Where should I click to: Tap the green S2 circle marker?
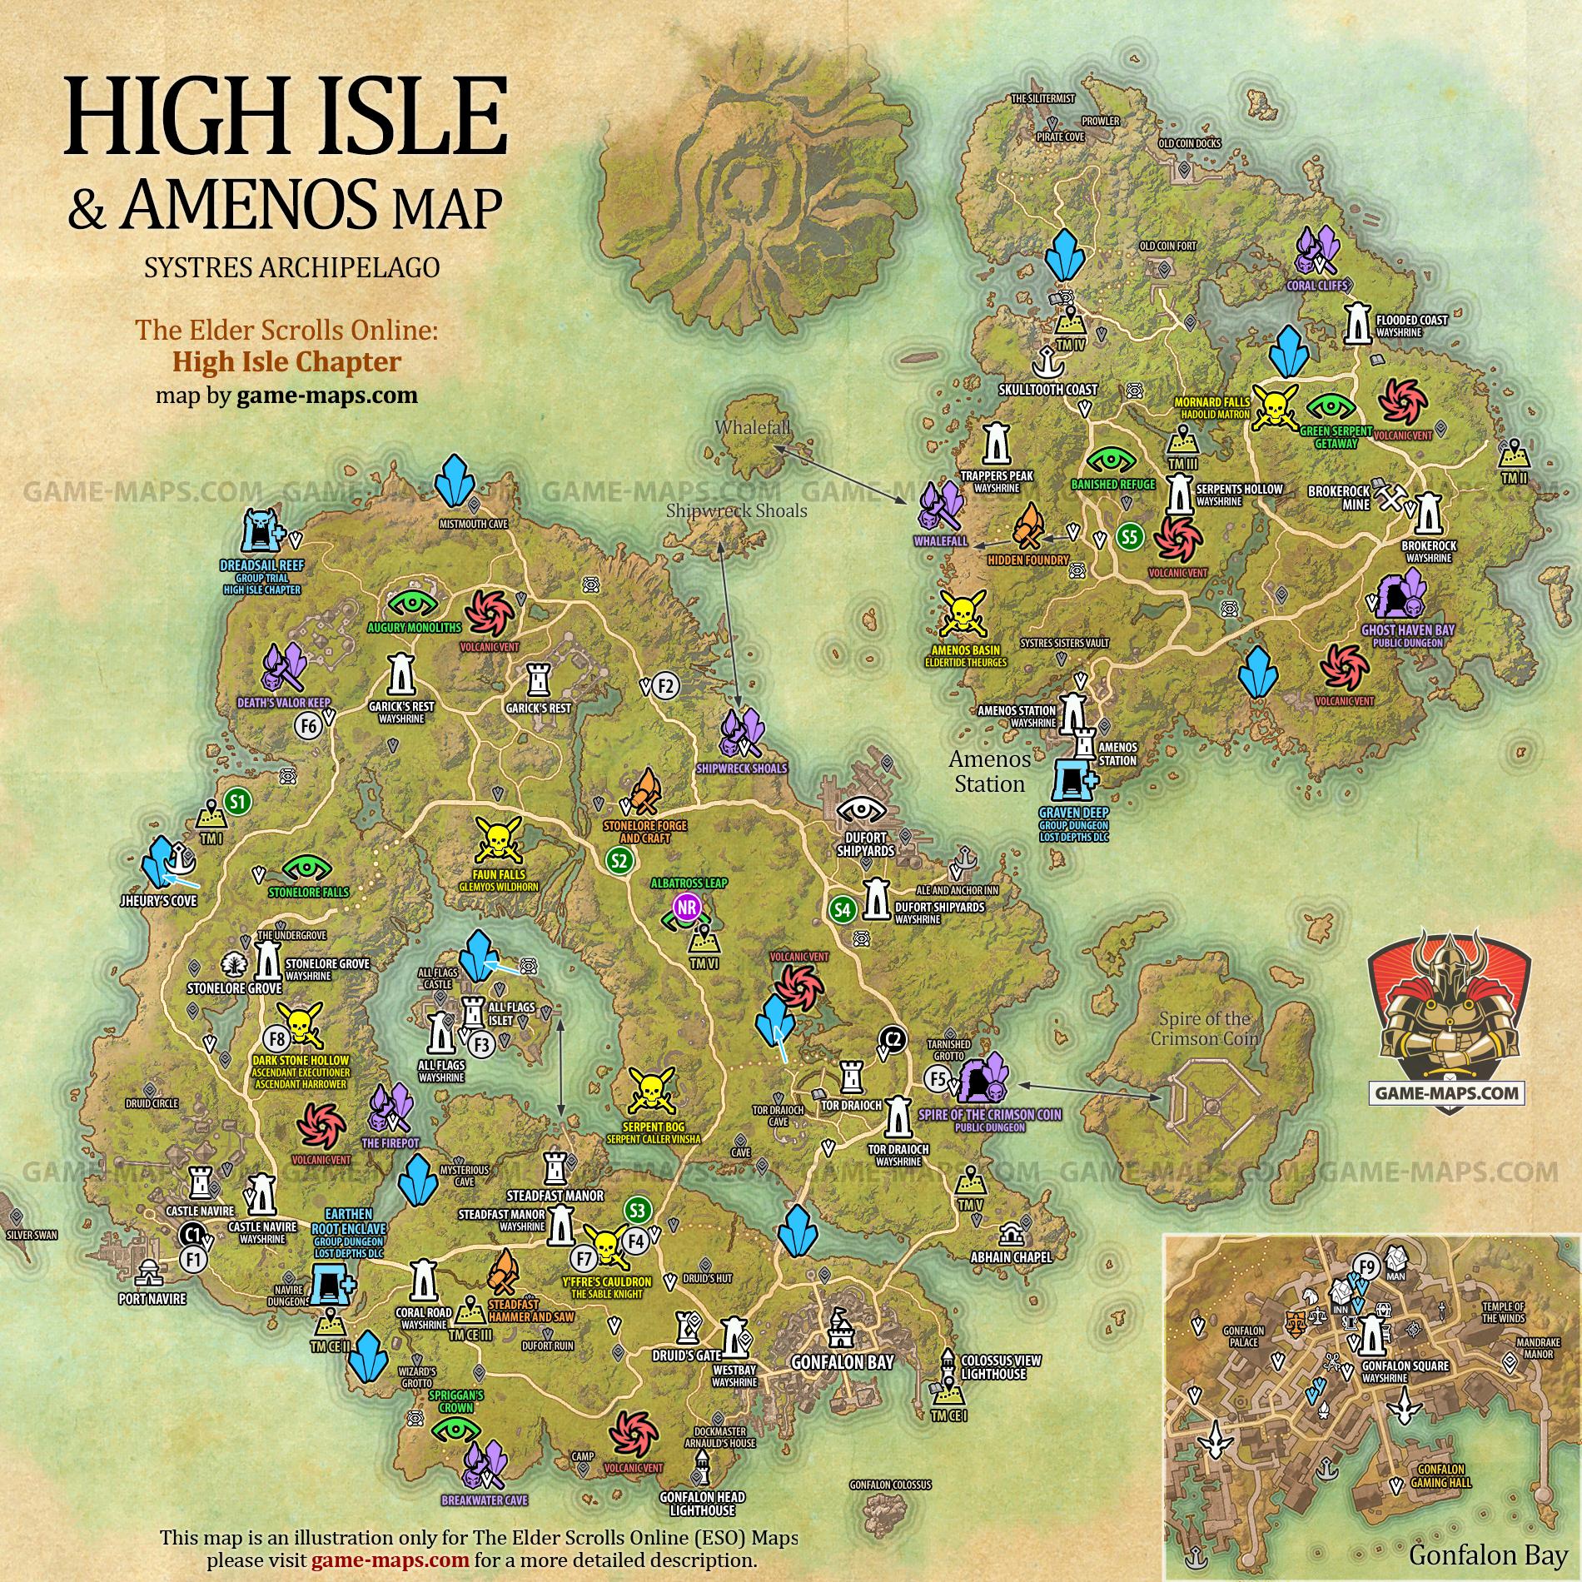tap(619, 860)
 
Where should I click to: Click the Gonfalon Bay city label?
tap(842, 1362)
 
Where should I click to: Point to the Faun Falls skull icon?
tap(498, 839)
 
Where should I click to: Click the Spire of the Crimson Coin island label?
tap(1200, 1028)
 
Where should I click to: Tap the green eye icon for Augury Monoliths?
tap(414, 602)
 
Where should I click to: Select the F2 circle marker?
tap(666, 685)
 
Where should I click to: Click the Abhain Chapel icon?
tap(1011, 1233)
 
